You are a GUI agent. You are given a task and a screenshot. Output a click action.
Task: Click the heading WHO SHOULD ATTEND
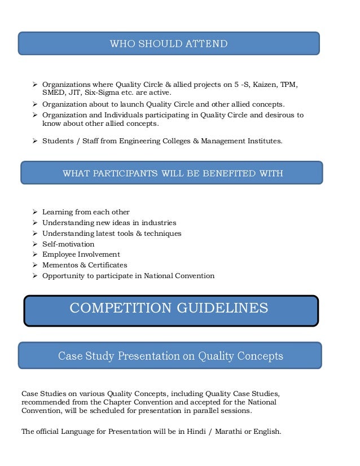169,43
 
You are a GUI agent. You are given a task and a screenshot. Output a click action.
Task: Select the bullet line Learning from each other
86,212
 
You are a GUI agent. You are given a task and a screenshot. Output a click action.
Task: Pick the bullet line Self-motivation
68,244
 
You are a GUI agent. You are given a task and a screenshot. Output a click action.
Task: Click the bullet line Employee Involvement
81,254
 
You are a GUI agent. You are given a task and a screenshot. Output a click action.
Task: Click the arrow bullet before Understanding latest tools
36,234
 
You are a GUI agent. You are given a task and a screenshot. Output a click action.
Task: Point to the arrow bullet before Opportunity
36,276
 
